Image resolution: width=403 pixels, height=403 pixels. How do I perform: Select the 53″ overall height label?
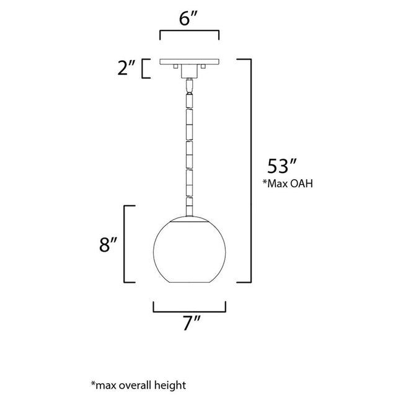(x=283, y=167)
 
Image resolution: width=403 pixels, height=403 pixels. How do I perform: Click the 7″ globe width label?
(x=189, y=324)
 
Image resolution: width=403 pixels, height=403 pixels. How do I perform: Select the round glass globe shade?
(x=189, y=248)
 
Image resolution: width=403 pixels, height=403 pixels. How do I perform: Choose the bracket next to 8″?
(x=130, y=244)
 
